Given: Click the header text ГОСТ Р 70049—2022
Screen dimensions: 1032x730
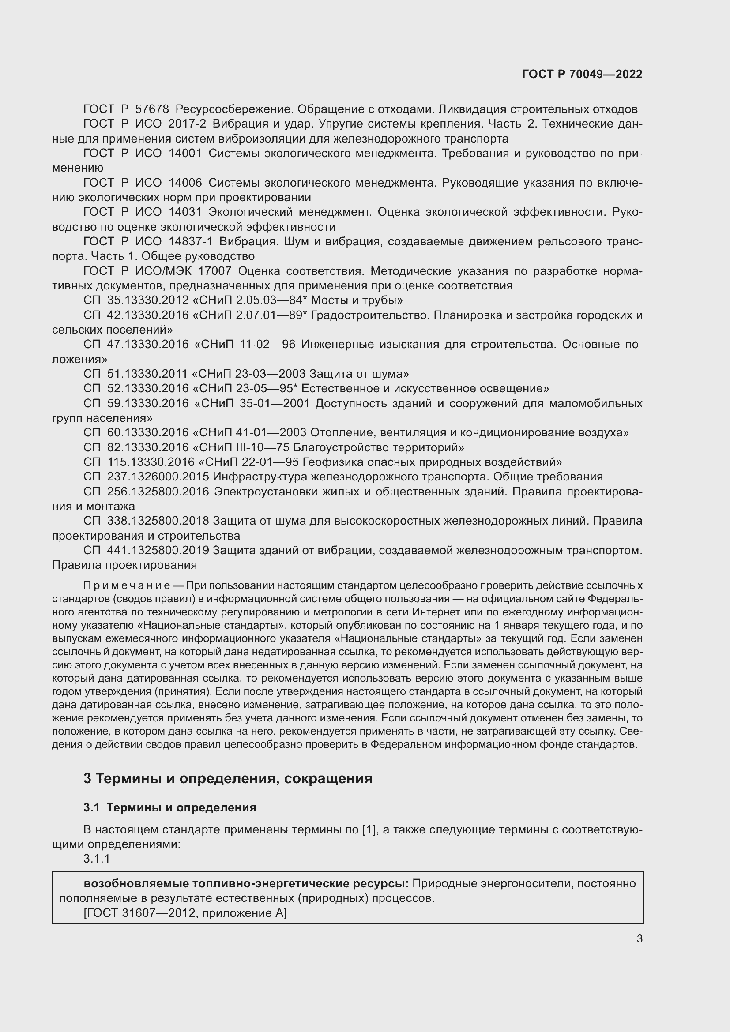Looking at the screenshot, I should [x=582, y=74].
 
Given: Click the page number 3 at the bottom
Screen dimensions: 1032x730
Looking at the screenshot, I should [x=639, y=938].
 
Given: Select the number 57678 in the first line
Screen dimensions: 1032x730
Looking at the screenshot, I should [x=152, y=109].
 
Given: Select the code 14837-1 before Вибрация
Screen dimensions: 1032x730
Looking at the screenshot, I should [x=190, y=242].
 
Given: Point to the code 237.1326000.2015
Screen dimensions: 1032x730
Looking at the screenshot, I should [x=158, y=477].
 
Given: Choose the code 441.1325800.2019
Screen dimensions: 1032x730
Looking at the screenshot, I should [x=158, y=551].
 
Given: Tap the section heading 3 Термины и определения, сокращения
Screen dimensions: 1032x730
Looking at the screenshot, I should [x=227, y=778].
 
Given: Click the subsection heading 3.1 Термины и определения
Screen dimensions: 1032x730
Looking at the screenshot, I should [x=169, y=808].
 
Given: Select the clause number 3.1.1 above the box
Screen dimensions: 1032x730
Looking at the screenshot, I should [x=96, y=859].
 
